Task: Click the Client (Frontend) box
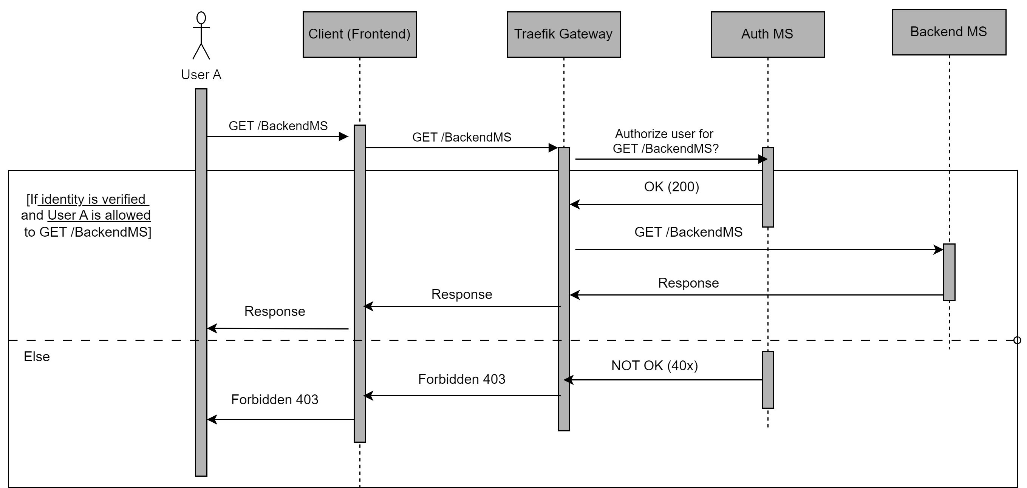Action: point(359,34)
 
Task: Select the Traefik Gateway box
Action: point(563,34)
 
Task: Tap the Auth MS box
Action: point(767,34)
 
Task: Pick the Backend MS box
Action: point(948,32)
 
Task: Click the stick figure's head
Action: point(201,18)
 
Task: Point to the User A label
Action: point(201,74)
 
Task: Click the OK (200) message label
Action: point(671,187)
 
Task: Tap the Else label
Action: point(37,357)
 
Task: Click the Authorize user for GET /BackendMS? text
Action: point(665,141)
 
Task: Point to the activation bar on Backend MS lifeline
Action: point(949,272)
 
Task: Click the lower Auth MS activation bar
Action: point(767,380)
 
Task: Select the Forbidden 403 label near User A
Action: point(275,400)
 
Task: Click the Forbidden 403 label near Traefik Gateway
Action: point(462,379)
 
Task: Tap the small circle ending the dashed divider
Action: point(1017,340)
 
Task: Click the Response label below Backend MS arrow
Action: point(688,283)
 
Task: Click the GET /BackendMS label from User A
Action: point(278,126)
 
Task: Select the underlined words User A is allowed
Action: point(99,215)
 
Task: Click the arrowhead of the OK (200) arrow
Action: point(574,204)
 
